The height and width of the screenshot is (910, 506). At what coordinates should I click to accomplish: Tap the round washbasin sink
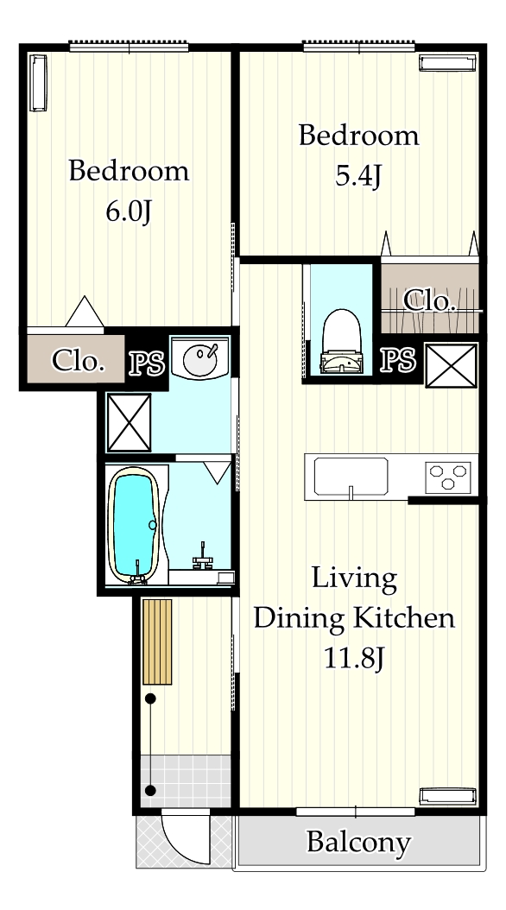click(x=201, y=358)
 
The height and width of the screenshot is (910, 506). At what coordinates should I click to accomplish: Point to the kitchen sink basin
click(x=351, y=477)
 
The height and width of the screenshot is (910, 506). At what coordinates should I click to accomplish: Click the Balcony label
click(x=358, y=842)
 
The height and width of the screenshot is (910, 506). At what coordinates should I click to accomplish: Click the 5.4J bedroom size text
click(x=358, y=176)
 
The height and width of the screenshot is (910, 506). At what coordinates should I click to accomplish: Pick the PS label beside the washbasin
click(x=147, y=363)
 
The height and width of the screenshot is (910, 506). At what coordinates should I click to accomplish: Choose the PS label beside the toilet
click(x=398, y=360)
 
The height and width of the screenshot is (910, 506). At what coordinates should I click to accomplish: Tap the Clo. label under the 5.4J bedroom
click(x=429, y=300)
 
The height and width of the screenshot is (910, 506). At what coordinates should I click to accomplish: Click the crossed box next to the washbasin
click(x=130, y=422)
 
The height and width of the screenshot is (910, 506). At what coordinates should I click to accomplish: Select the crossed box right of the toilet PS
click(x=452, y=365)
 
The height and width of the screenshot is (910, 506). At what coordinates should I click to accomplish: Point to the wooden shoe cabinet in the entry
click(x=157, y=641)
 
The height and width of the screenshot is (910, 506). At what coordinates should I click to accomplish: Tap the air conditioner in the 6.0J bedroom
click(x=38, y=83)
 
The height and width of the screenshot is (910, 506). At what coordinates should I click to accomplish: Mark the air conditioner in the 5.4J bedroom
click(x=448, y=63)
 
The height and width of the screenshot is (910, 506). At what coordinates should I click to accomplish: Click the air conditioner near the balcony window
click(x=448, y=796)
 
